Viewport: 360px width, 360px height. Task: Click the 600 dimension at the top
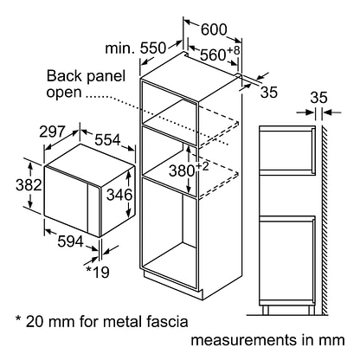pos(214,29)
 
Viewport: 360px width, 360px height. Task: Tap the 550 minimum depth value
pos(153,48)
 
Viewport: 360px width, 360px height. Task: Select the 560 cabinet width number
pos(213,55)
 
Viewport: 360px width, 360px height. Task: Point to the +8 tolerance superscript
pos(234,50)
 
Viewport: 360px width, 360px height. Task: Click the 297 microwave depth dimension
pos(52,132)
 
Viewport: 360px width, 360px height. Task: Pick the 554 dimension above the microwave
pos(107,140)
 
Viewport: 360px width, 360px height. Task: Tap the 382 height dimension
pos(29,185)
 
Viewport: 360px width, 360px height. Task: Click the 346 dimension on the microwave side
pos(119,195)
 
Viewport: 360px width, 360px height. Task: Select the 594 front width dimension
pos(70,241)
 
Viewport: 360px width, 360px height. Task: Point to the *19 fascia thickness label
pos(98,272)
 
